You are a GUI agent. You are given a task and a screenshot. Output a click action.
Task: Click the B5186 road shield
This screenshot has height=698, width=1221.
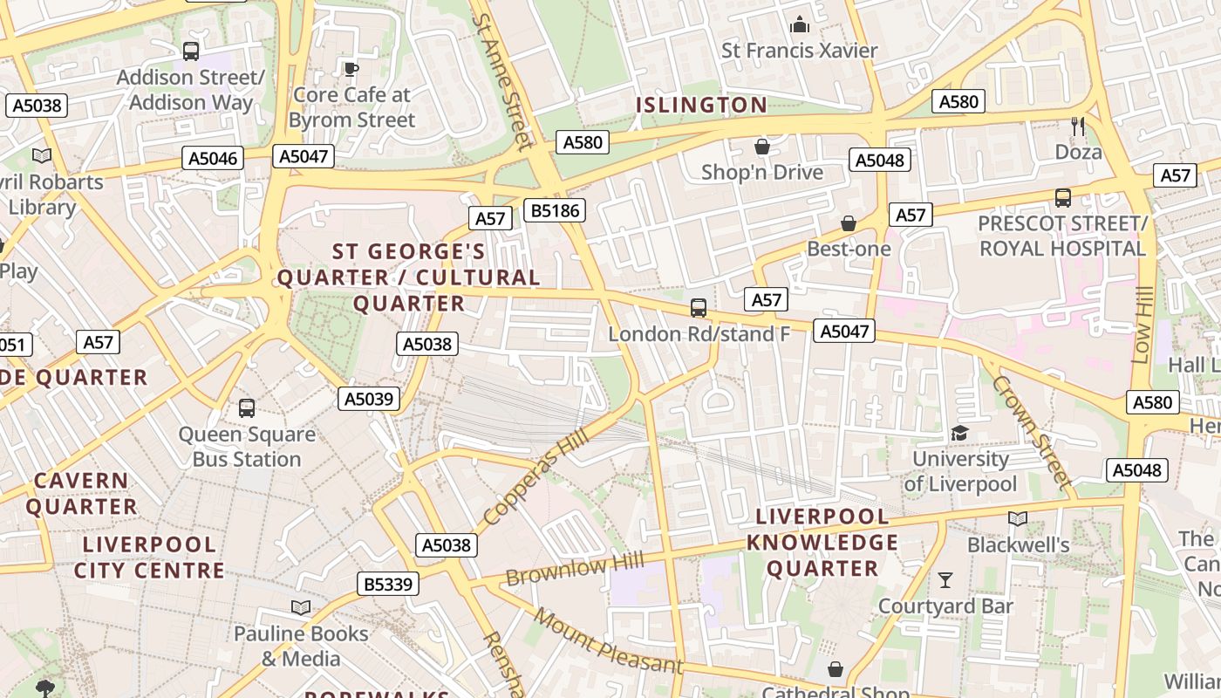(x=554, y=209)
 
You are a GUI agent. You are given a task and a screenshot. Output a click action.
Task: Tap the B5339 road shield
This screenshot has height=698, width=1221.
(x=388, y=584)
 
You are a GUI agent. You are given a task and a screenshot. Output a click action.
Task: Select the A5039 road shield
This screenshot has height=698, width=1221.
(x=369, y=399)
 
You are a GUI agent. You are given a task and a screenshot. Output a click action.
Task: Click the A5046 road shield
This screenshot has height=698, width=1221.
(x=214, y=158)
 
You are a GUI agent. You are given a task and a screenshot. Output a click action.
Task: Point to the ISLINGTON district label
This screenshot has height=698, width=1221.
(x=701, y=106)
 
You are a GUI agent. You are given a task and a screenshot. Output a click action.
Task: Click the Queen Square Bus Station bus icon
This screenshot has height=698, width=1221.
(x=247, y=407)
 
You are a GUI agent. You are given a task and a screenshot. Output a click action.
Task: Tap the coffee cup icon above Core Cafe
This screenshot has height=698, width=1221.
(x=351, y=69)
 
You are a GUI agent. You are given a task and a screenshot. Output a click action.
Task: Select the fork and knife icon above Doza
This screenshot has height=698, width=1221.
(x=1078, y=127)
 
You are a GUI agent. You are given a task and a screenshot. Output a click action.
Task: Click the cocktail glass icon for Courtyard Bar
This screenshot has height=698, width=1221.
(x=945, y=580)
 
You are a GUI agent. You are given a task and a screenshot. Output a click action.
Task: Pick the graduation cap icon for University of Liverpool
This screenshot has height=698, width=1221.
(x=959, y=433)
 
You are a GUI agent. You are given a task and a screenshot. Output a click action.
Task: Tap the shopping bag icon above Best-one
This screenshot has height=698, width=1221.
(x=849, y=224)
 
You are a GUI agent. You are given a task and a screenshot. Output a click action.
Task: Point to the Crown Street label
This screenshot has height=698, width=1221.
(x=1031, y=431)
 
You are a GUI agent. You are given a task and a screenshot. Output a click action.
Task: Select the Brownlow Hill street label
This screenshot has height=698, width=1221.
(x=575, y=569)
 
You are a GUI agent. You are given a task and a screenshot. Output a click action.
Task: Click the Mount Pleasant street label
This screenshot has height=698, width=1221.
(x=608, y=641)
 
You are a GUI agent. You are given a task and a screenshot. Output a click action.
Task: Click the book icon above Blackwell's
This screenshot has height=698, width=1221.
(x=1018, y=519)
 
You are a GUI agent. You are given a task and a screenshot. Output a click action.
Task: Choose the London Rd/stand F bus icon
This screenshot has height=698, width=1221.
(x=699, y=307)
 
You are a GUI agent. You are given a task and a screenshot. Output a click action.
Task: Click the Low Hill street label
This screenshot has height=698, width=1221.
(x=1143, y=327)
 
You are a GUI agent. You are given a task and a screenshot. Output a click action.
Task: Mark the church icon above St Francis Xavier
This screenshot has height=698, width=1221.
(x=799, y=25)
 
